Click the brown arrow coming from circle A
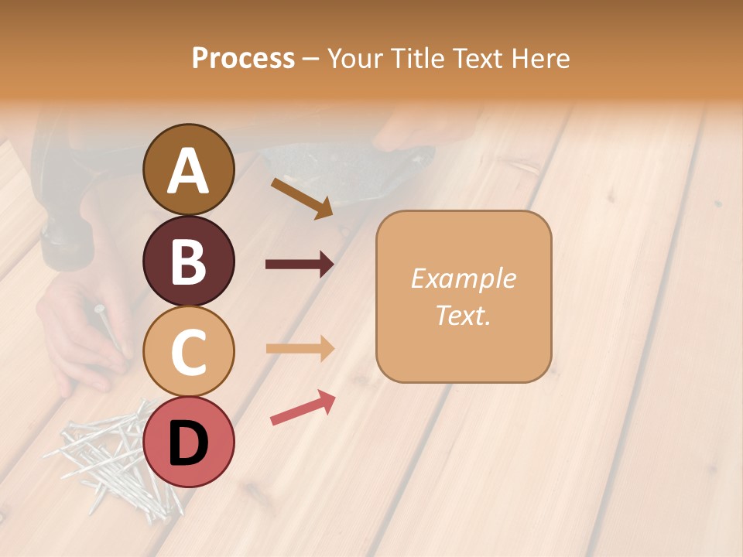click(x=302, y=198)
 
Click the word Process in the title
click(x=243, y=58)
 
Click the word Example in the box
click(x=463, y=278)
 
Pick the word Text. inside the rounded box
click(x=463, y=315)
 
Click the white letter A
click(x=188, y=171)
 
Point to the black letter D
click(x=188, y=443)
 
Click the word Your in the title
click(x=354, y=58)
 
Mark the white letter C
click(x=188, y=352)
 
